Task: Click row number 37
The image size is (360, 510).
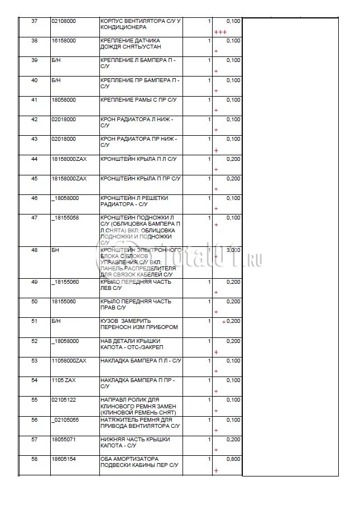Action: [x=35, y=21]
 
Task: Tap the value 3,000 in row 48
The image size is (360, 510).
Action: [x=234, y=250]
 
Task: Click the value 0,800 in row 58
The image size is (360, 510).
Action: [x=234, y=459]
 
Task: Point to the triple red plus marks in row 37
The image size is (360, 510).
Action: [x=220, y=32]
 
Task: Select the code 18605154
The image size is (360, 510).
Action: [x=64, y=459]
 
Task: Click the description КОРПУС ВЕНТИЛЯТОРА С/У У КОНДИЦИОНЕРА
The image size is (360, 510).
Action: [x=140, y=24]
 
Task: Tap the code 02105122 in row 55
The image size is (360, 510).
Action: [x=64, y=399]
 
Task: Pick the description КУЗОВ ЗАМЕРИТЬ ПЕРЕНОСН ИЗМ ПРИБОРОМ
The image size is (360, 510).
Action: [x=139, y=324]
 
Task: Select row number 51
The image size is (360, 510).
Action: [x=35, y=321]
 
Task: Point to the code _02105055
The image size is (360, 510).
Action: [x=65, y=420]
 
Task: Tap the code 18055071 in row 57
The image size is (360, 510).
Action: [x=64, y=439]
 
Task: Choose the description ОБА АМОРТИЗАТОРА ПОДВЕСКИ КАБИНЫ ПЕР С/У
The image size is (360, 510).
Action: [x=138, y=461]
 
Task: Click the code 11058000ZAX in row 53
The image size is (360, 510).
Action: [x=69, y=360]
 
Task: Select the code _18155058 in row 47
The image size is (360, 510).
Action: [x=65, y=217]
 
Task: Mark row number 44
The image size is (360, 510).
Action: [x=35, y=159]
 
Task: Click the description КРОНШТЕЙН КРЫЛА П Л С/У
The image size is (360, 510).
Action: [x=138, y=159]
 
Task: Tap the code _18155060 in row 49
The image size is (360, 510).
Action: [x=65, y=282]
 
